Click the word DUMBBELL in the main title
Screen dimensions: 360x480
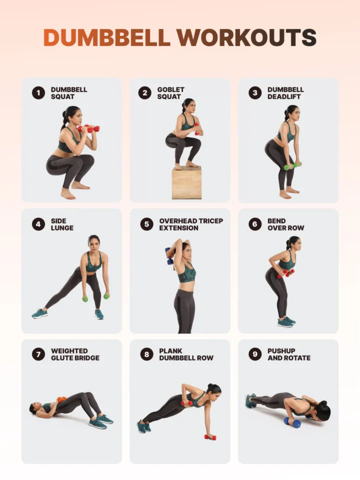point(107,37)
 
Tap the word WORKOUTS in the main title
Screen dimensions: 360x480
point(246,37)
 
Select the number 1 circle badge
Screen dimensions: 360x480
point(38,93)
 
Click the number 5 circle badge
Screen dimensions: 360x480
point(146,224)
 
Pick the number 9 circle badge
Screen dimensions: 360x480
point(255,354)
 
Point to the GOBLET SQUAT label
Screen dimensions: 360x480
point(170,93)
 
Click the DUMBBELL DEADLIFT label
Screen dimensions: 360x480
point(285,93)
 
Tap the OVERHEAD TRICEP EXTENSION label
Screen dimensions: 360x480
point(190,224)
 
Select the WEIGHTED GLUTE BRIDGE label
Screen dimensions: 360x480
point(75,354)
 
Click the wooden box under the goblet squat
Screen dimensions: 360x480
point(186,183)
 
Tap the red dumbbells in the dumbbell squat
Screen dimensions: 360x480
point(88,128)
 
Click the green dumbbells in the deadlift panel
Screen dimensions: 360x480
point(292,166)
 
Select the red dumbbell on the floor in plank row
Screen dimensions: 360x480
point(210,437)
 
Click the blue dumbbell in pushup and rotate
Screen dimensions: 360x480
point(292,422)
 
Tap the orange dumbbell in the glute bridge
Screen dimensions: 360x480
point(61,399)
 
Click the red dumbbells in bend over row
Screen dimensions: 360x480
point(286,273)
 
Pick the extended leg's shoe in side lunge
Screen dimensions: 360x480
point(40,314)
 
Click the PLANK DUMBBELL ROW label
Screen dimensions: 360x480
point(186,354)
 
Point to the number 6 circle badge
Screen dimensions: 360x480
point(255,224)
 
